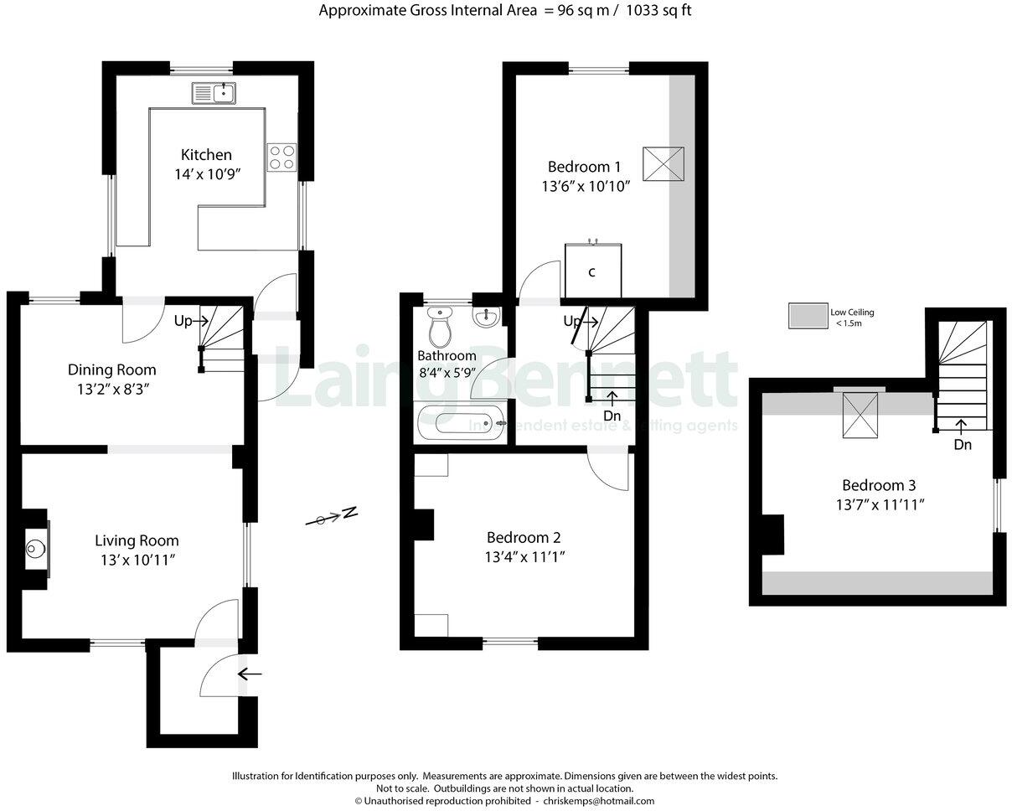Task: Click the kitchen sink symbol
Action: click(x=214, y=94)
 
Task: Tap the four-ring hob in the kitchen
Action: click(x=281, y=158)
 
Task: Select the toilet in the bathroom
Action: click(x=440, y=327)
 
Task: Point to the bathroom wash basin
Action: click(x=485, y=317)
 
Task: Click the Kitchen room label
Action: click(x=206, y=155)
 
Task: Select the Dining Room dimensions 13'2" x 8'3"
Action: click(x=111, y=388)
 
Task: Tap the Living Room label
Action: click(x=137, y=540)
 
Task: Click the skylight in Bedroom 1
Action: click(x=663, y=163)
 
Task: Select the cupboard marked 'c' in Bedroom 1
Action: click(x=592, y=271)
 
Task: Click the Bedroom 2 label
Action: click(x=524, y=538)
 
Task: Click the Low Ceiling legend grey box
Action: click(x=807, y=316)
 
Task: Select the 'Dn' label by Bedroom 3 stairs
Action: click(x=963, y=445)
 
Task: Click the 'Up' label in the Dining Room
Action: click(x=183, y=321)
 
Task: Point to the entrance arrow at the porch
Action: click(x=249, y=673)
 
